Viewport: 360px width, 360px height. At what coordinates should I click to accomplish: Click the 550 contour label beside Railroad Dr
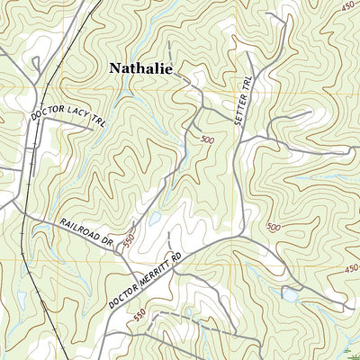click(129, 240)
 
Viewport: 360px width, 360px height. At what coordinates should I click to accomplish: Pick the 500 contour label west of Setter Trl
click(207, 139)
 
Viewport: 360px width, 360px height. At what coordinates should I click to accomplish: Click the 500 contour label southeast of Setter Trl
click(274, 228)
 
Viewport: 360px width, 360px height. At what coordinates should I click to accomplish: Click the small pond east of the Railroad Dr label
click(155, 218)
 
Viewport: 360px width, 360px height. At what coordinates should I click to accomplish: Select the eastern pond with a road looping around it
click(290, 294)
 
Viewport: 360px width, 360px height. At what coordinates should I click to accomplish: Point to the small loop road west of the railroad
click(36, 65)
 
